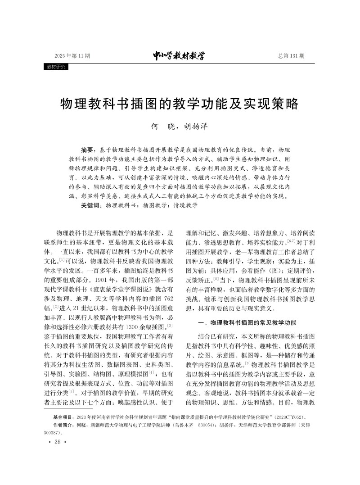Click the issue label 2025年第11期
click(72, 56)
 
